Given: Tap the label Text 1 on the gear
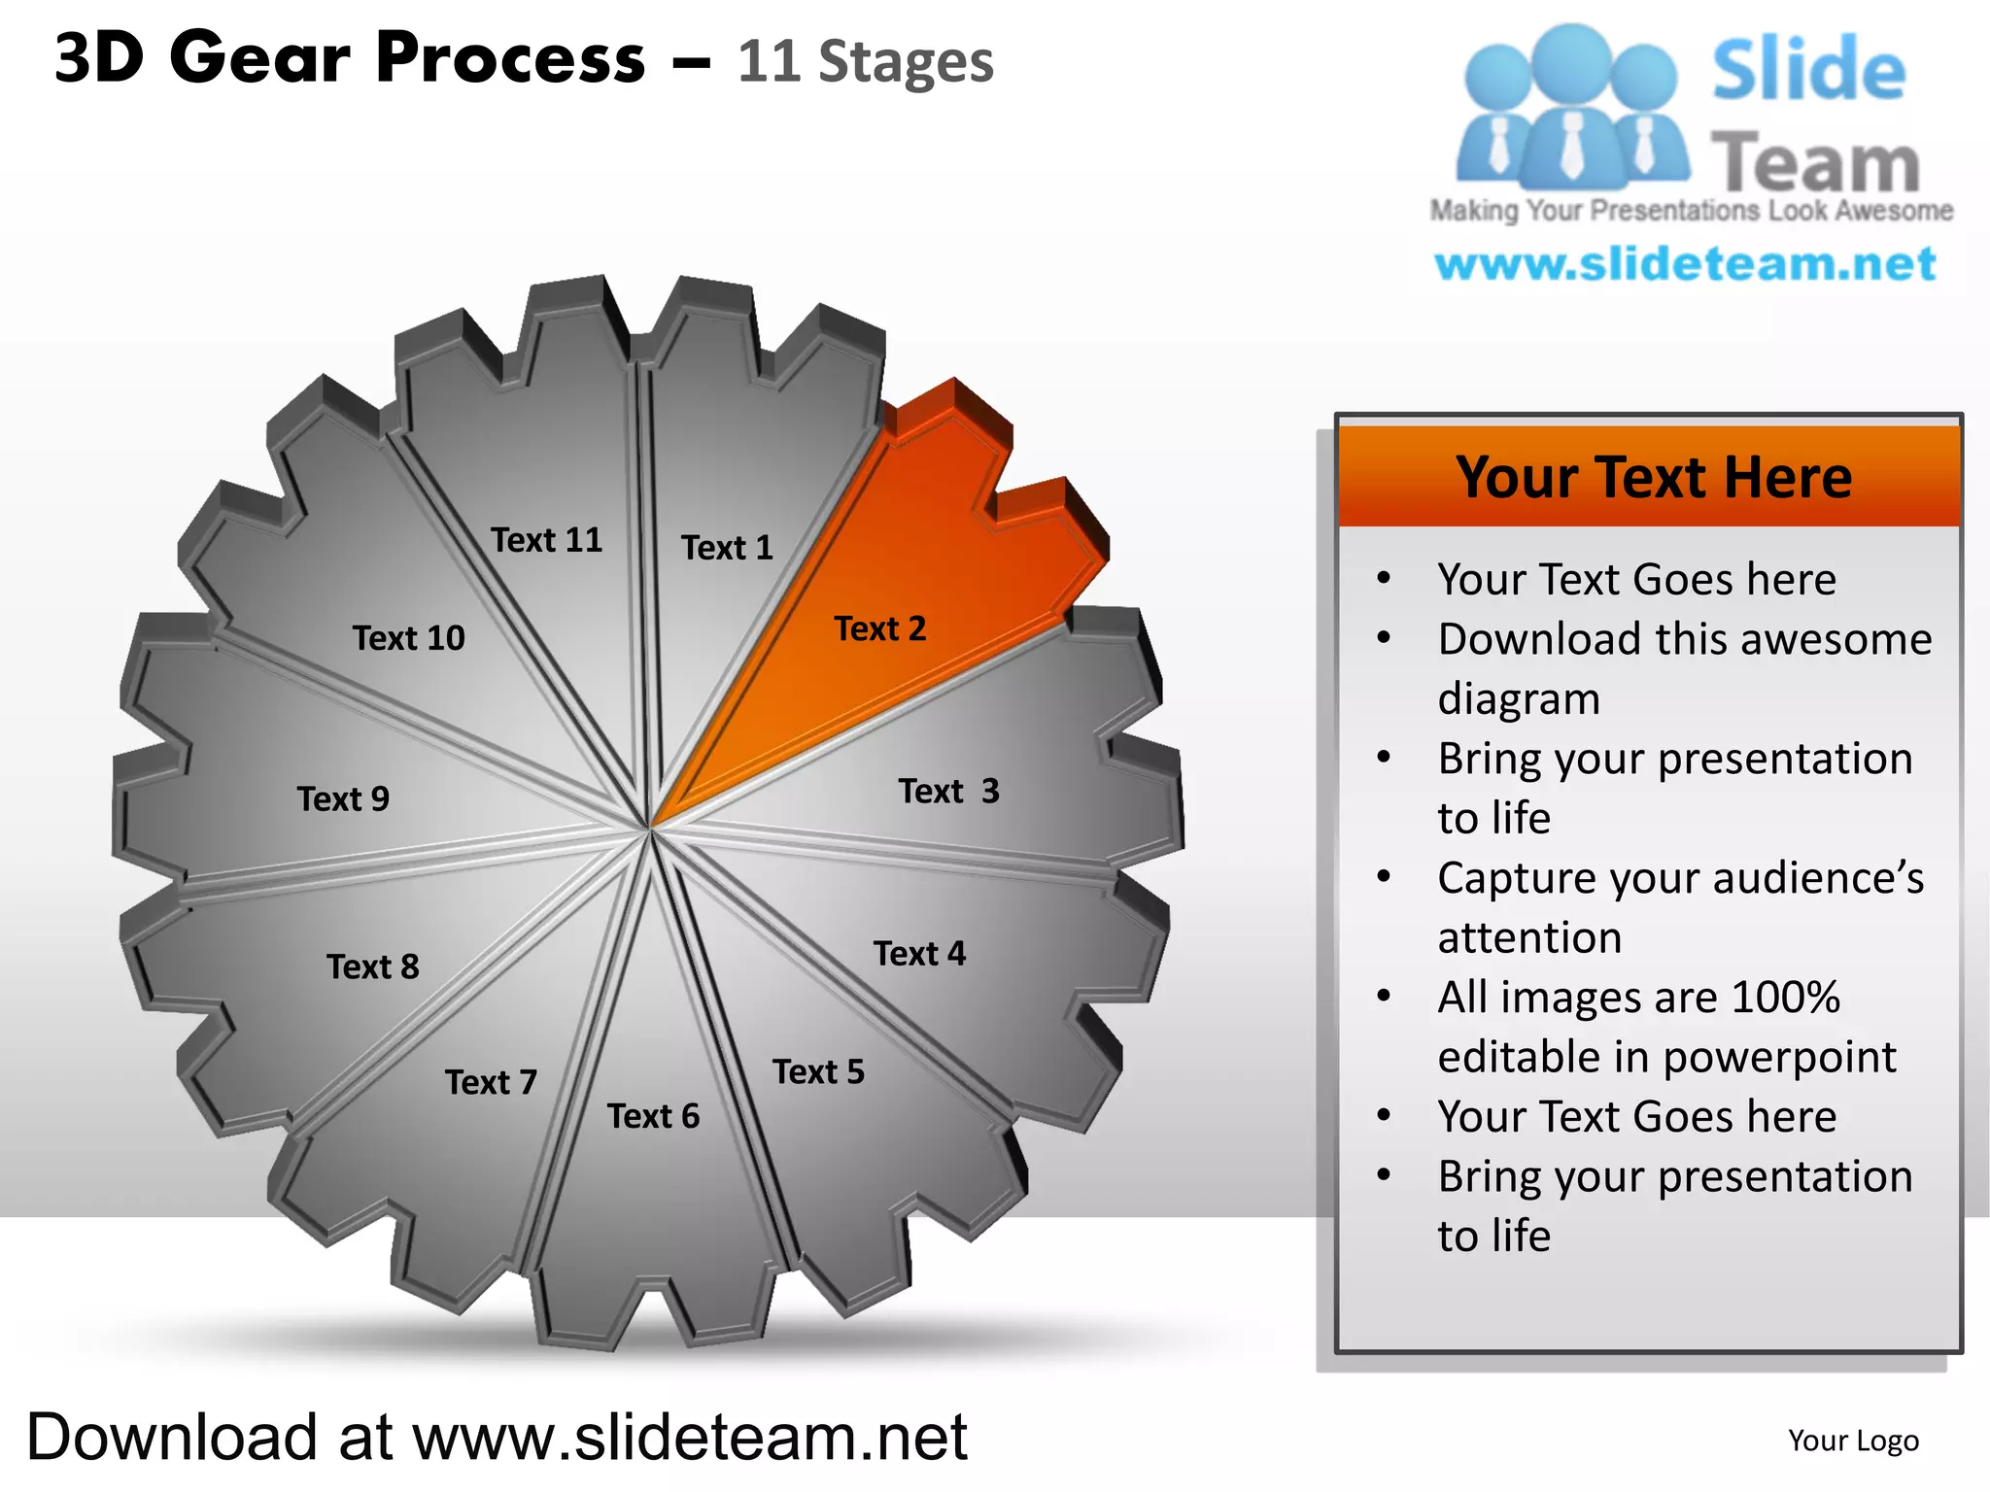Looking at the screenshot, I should click(x=727, y=548).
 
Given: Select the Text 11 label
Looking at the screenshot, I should click(x=546, y=540).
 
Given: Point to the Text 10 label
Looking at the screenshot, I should click(x=408, y=638).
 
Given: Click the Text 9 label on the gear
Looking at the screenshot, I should click(x=343, y=799).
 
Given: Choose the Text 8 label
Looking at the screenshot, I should click(x=373, y=966).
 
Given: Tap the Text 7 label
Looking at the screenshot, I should click(x=491, y=1082).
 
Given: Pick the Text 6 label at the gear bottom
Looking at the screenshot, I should click(x=653, y=1116).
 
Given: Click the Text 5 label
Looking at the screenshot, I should click(x=818, y=1071).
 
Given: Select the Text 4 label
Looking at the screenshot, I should click(x=919, y=954).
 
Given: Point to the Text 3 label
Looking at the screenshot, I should click(x=948, y=791).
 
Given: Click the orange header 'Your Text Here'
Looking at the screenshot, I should click(x=1653, y=477).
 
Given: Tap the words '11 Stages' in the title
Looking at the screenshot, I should click(x=865, y=62).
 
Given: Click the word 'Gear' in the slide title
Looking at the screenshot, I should click(x=259, y=58).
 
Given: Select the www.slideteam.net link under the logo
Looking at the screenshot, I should click(x=1686, y=264).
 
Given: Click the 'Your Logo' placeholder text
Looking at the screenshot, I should click(x=1853, y=1441).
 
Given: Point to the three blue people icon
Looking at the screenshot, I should click(x=1571, y=107).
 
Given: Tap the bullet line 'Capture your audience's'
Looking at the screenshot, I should click(x=1680, y=878).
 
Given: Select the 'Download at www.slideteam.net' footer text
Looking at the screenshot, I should click(x=497, y=1437).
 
